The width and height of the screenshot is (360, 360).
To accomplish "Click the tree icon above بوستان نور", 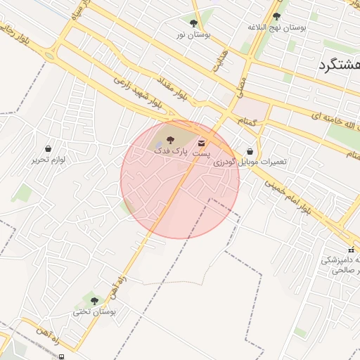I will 194,24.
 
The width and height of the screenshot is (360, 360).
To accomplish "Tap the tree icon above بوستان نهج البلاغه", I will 276,16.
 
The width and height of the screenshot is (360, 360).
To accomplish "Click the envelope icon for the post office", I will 202,143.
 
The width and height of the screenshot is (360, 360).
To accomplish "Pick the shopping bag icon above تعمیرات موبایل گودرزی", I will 250,150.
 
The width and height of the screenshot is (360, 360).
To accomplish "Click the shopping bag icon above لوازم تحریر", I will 48,149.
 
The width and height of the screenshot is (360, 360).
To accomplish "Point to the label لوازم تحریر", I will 48,160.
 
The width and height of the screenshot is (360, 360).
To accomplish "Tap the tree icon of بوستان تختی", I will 94,301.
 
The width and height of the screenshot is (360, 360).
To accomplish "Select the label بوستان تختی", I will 98,311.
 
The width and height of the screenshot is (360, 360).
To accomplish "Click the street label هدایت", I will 219,62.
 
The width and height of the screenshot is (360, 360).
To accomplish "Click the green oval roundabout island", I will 49,55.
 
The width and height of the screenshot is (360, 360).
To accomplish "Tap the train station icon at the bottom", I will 62,356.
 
